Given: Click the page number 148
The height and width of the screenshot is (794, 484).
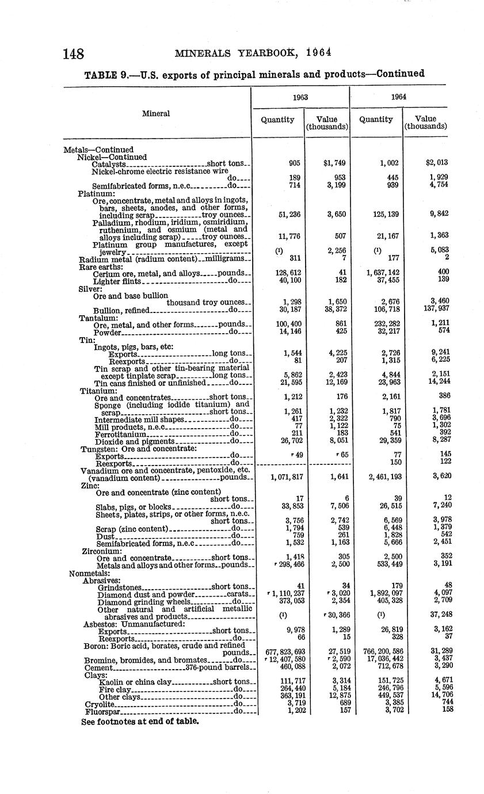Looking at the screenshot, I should pyautogui.click(x=74, y=54).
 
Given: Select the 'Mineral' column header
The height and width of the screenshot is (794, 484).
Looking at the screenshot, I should pyautogui.click(x=157, y=113).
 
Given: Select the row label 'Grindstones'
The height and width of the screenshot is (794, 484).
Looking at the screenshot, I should pyautogui.click(x=120, y=587).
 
